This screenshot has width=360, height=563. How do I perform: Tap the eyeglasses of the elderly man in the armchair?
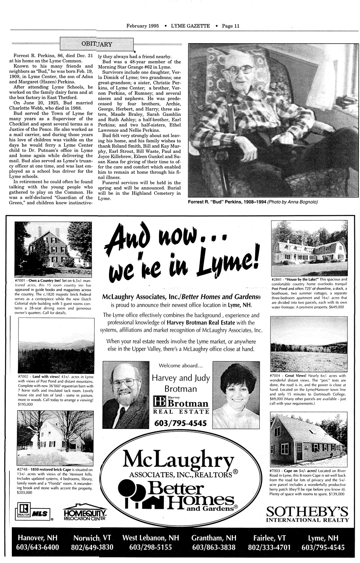pos(241,70)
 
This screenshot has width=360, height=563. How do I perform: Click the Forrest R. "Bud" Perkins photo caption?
pos(253,202)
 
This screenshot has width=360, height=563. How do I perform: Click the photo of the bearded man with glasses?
pos(126,395)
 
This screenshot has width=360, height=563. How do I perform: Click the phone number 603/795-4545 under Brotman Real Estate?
pos(180,423)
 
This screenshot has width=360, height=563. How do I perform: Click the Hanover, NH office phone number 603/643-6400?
pos(37,548)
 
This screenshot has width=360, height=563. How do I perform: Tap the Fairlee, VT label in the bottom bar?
pos(269,538)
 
